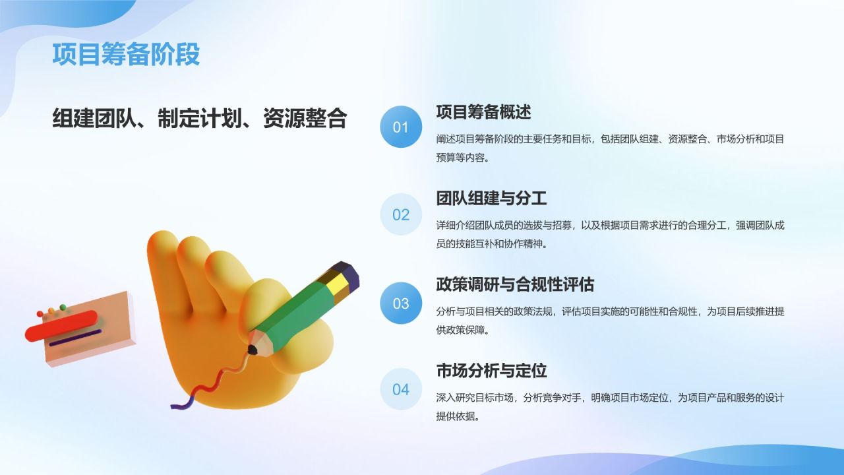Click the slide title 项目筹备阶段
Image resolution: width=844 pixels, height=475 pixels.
tap(126, 55)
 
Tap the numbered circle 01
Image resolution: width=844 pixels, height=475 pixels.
tap(401, 127)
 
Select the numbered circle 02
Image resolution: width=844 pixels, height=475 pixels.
tap(401, 214)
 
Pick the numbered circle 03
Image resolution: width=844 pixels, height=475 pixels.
tap(401, 303)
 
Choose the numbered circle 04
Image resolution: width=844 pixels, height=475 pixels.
tap(401, 389)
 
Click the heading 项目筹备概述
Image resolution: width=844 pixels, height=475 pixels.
tap(483, 111)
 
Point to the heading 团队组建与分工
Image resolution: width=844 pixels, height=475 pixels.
tap(491, 198)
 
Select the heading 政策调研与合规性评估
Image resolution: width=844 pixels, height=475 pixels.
tap(515, 284)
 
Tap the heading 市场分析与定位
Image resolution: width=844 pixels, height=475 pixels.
tap(491, 371)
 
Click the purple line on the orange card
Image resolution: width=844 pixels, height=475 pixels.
tap(75, 338)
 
